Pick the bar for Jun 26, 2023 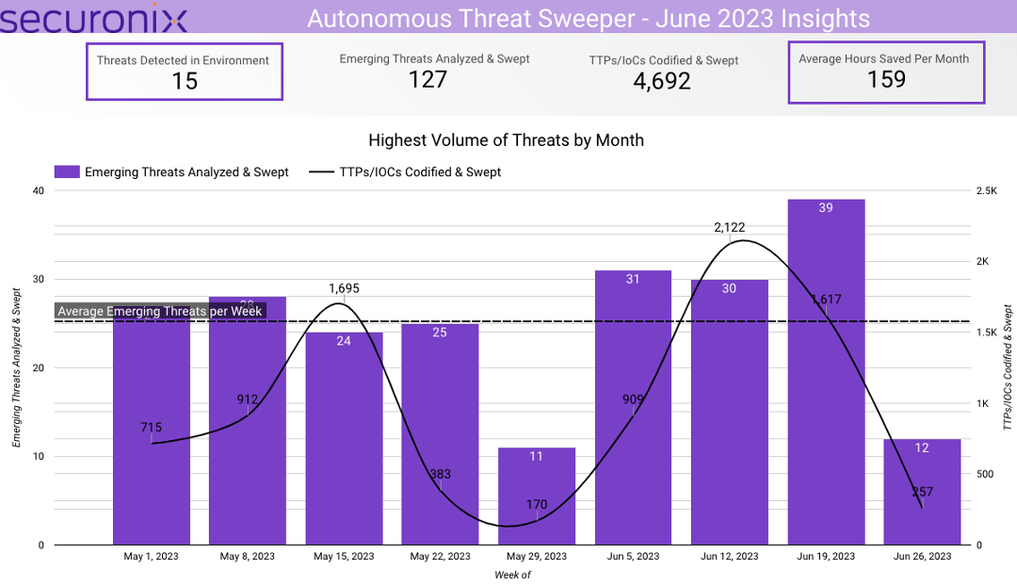coord(922,499)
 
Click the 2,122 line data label coord(730,227)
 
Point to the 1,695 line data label coord(344,288)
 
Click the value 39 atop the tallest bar coord(826,207)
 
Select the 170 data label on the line coord(537,505)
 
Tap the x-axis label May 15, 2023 coord(344,557)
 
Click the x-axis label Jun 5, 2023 coord(634,557)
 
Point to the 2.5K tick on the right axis coord(986,191)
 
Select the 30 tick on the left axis coord(38,280)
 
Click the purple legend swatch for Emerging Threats coord(67,171)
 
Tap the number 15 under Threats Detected coord(185,81)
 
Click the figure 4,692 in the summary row coord(661,81)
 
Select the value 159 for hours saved coord(885,79)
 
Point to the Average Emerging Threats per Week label coord(160,311)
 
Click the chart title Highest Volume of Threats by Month coord(506,140)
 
